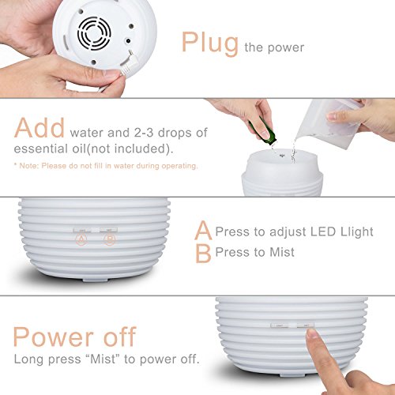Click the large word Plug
click(x=210, y=43)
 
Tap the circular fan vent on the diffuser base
click(x=94, y=33)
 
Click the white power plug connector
click(x=127, y=62)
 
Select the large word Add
click(x=39, y=128)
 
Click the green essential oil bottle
click(x=261, y=130)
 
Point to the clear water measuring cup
click(x=329, y=123)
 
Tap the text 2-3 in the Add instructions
click(x=144, y=133)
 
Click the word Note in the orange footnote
click(x=28, y=166)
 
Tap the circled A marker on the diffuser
click(x=81, y=239)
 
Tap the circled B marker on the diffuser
click(x=110, y=239)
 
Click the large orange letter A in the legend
click(x=203, y=230)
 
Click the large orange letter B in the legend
click(x=203, y=253)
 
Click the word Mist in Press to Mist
click(x=282, y=252)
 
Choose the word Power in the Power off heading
click(x=53, y=337)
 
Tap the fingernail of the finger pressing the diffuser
click(x=313, y=333)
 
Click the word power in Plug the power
click(x=286, y=48)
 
